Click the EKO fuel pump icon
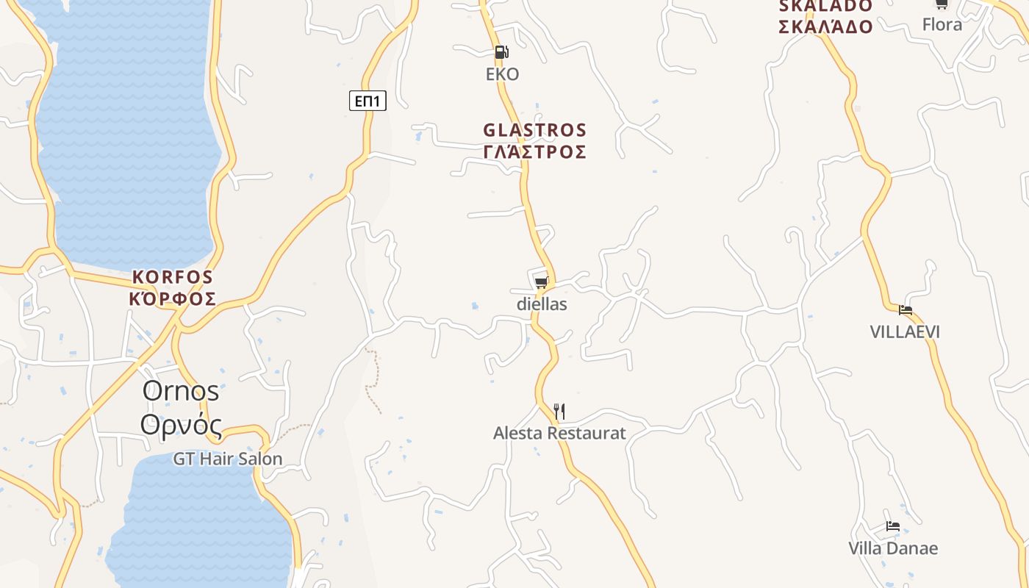tap(501, 51)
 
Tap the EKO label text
tap(503, 74)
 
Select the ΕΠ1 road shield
tap(367, 101)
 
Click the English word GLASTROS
tap(535, 131)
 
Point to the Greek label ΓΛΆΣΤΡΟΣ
tap(535, 152)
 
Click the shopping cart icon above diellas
tap(542, 282)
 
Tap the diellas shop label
tap(542, 304)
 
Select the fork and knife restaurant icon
tap(559, 411)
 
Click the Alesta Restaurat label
tap(559, 433)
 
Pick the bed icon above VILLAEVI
tap(906, 310)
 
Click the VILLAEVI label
tap(905, 331)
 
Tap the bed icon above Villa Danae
tap(893, 526)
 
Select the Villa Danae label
tap(893, 548)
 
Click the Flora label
tap(942, 25)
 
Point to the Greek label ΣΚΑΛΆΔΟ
tap(825, 27)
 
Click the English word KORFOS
tap(173, 278)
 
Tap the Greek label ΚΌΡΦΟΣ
tap(173, 299)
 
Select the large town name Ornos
tap(181, 391)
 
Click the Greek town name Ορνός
tap(181, 425)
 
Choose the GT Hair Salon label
tap(228, 459)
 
